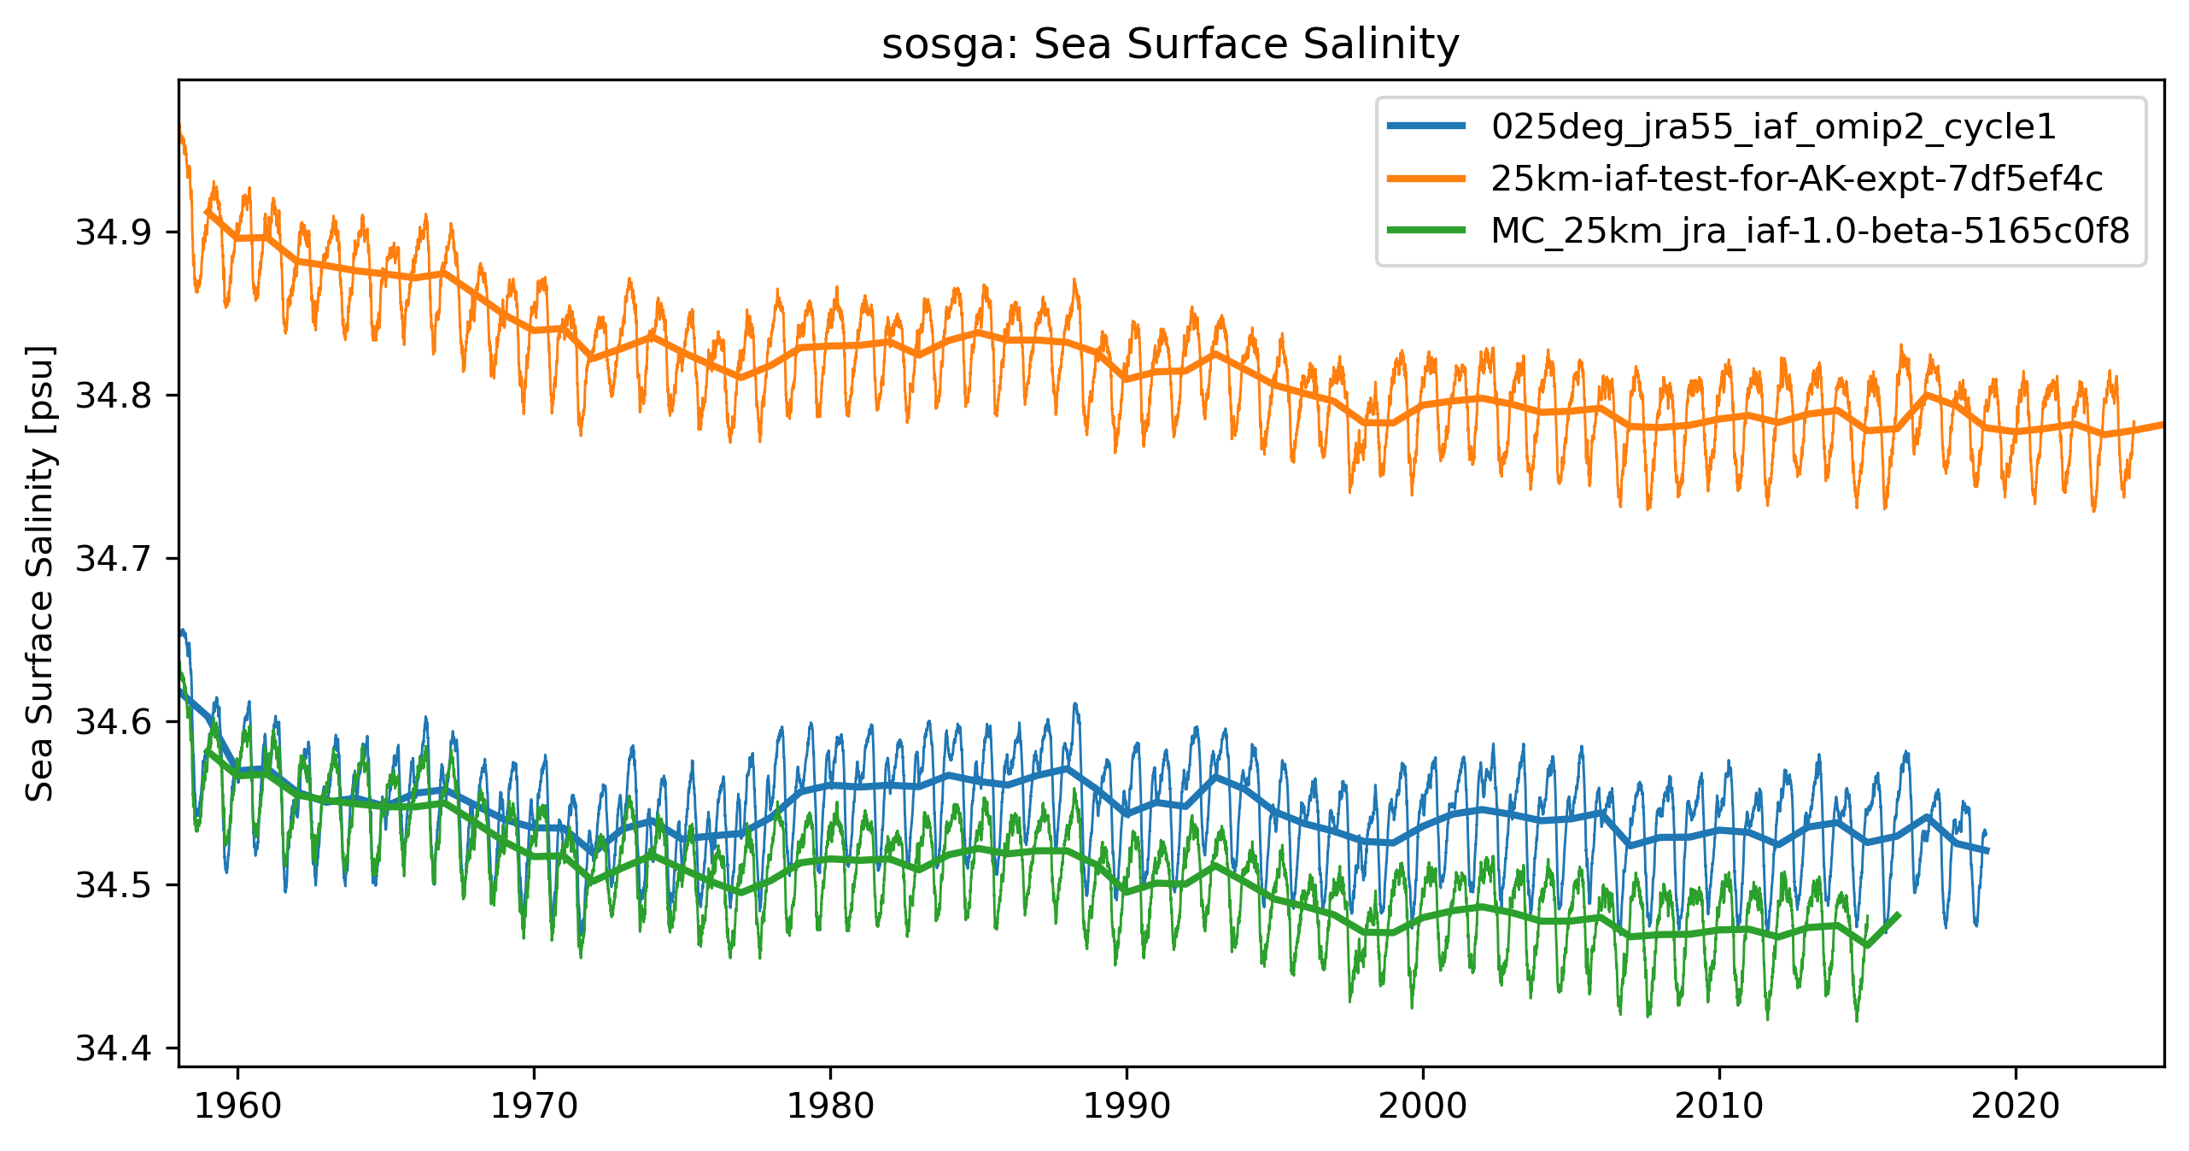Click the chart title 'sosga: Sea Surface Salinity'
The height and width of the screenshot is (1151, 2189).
1170,44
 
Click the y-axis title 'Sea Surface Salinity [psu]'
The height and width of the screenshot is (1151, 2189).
40,573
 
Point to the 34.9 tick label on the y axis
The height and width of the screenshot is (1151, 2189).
114,232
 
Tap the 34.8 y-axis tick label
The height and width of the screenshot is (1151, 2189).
114,396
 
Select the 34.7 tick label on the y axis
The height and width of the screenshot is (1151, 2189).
114,559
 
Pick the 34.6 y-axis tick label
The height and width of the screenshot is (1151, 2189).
114,722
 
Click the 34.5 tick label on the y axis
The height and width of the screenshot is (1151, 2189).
114,885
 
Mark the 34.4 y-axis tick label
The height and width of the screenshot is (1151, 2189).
114,1048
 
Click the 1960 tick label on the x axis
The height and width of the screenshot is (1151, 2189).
237,1107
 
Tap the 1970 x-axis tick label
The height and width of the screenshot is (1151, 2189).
534,1107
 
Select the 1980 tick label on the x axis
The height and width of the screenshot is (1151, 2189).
830,1107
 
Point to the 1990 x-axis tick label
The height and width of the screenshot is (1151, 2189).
1127,1107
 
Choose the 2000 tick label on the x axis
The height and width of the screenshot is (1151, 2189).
1423,1107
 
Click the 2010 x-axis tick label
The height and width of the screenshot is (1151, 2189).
1719,1107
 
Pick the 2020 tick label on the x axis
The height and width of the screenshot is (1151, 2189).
2016,1107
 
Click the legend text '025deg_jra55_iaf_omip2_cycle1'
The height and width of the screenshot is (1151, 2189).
1773,126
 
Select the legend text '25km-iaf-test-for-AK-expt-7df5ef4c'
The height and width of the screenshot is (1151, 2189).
1797,179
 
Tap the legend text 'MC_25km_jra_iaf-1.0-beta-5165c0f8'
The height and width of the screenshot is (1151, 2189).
1810,231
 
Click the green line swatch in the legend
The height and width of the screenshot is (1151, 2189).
1426,230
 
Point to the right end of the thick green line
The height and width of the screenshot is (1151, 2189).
1898,915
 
